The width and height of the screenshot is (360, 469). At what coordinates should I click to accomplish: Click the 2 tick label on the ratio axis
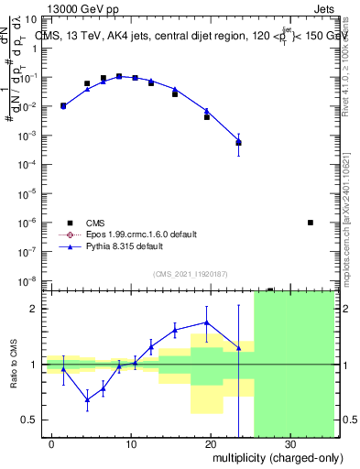tap(38, 309)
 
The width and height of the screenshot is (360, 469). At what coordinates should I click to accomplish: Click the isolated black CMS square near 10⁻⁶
tap(311, 223)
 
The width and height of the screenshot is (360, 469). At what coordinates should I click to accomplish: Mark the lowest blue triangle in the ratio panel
tap(87, 399)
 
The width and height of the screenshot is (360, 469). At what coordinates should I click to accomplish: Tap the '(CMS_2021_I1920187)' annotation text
tap(190, 273)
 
